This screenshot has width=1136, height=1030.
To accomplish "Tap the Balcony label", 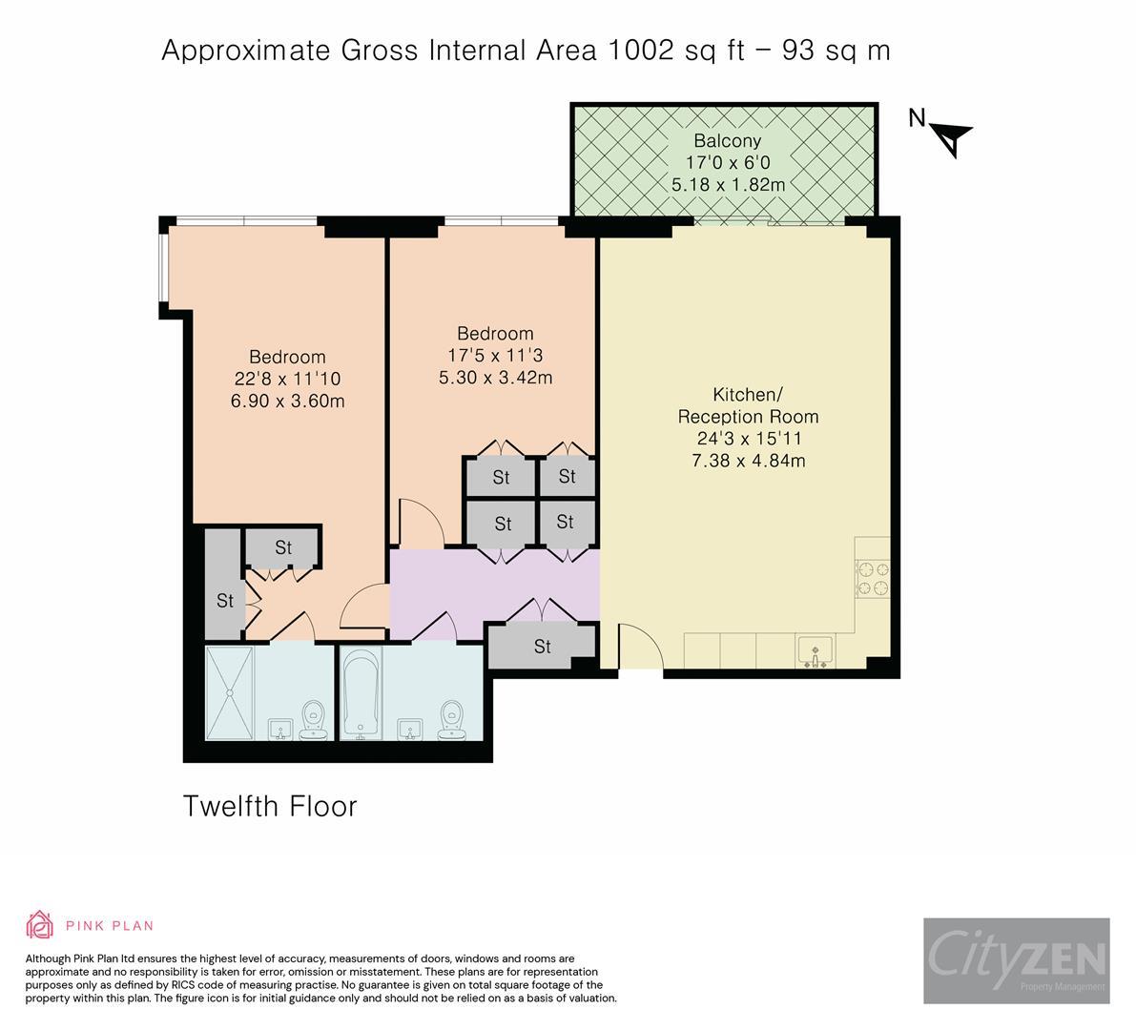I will point(727,141).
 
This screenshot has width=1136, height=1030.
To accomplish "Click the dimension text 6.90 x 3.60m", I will point(287,402).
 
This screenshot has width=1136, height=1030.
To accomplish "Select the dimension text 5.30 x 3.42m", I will point(495,377).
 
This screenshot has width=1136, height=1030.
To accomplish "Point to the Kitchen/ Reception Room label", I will point(748,405).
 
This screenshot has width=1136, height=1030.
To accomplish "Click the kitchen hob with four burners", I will point(873,578).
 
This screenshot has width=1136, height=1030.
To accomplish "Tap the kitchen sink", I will point(815,652).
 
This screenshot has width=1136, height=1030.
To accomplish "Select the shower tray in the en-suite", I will point(230,693).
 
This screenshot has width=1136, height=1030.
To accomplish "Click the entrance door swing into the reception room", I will point(637,648).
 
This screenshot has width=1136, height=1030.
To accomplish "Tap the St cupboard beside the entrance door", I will point(542,647).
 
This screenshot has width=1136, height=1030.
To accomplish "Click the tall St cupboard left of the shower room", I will point(224,585).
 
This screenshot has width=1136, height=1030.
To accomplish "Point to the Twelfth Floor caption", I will point(270,807).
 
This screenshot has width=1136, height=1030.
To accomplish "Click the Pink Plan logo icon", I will point(41,924).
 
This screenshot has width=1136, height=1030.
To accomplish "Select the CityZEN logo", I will point(1016,960).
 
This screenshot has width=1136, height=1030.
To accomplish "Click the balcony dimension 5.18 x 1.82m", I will point(728,184).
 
